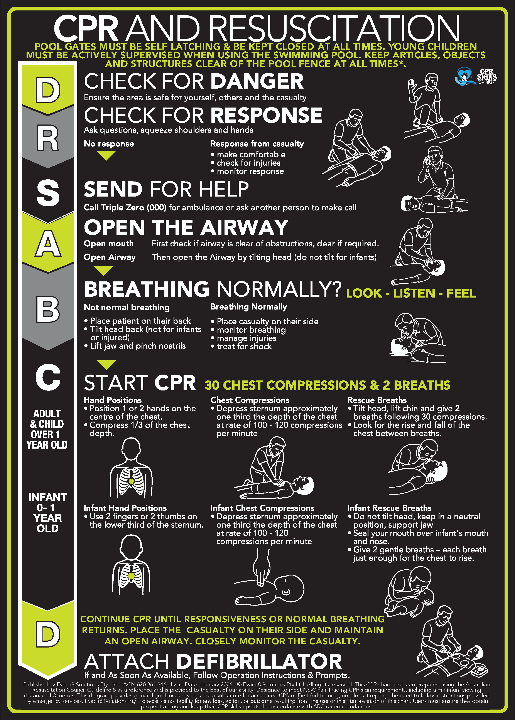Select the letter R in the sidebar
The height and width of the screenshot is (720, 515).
[48, 138]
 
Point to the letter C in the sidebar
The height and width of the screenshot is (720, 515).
[48, 377]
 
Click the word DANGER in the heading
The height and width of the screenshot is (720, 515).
[257, 81]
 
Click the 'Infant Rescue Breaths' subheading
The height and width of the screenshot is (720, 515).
[389, 508]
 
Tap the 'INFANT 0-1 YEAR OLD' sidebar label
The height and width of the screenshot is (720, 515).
[47, 512]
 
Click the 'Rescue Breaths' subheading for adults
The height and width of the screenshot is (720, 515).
[377, 400]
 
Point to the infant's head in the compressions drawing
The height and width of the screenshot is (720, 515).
[289, 588]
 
